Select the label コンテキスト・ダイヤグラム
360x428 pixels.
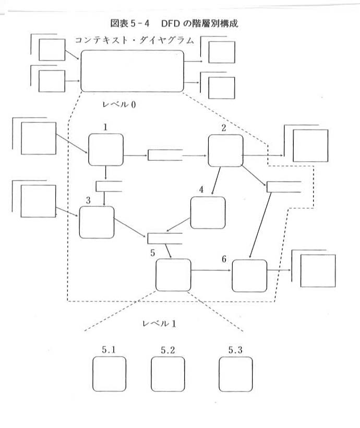point(134,40)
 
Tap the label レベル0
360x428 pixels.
point(119,104)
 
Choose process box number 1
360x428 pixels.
point(106,150)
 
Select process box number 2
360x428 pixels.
point(226,151)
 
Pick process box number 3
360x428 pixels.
point(97,222)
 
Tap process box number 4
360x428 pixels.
point(208,212)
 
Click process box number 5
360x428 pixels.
point(173,275)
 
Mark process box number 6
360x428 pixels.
point(249,275)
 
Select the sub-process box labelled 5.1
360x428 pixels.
point(110,374)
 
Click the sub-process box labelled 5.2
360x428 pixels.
point(167,374)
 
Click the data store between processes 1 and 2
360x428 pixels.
point(165,155)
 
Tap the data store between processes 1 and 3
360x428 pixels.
point(109,186)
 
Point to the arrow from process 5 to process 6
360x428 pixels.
point(211,270)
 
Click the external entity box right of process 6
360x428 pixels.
point(318,271)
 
